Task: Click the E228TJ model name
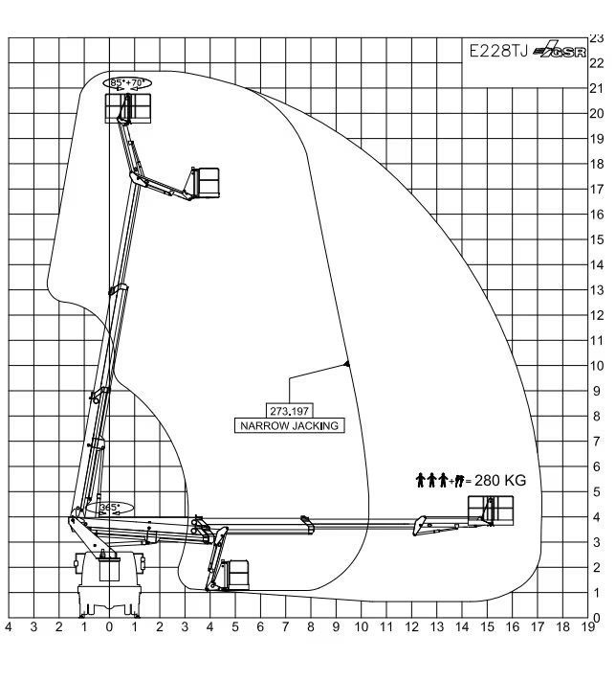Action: pos(499,52)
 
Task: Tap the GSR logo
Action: pos(560,50)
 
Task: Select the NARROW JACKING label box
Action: pos(289,425)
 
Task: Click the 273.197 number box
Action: pos(289,411)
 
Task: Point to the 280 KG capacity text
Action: pos(500,481)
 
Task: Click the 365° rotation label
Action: pos(108,508)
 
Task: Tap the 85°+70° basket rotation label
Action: pos(126,82)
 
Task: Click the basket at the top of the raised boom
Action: pos(128,107)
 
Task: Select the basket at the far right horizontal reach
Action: pos(491,511)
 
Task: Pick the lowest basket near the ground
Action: pos(234,575)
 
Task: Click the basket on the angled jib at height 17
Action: pos(206,183)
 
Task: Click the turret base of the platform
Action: pos(109,583)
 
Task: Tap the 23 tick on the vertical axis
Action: pos(597,38)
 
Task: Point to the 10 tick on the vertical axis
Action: pos(597,366)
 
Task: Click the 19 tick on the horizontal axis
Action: pos(588,626)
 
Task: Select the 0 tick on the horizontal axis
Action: pos(109,626)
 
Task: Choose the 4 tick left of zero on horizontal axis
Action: pos(9,626)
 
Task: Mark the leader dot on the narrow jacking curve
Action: pos(346,364)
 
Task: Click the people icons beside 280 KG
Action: pos(439,481)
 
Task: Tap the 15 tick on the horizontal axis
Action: pos(488,626)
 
